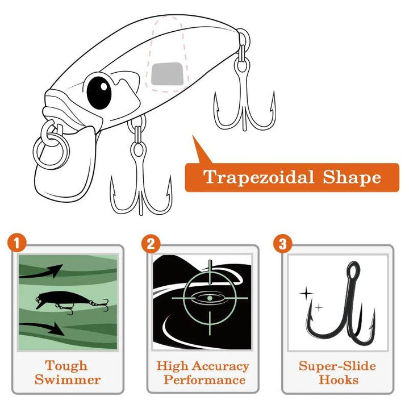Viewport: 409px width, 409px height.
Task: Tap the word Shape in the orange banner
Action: [x=352, y=177]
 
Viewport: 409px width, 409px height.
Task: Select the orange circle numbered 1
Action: [x=17, y=244]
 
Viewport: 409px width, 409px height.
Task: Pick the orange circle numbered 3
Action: [x=282, y=244]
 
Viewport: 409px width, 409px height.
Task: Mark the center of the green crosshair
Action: [x=208, y=297]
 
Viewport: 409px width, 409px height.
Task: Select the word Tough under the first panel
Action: [x=67, y=366]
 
